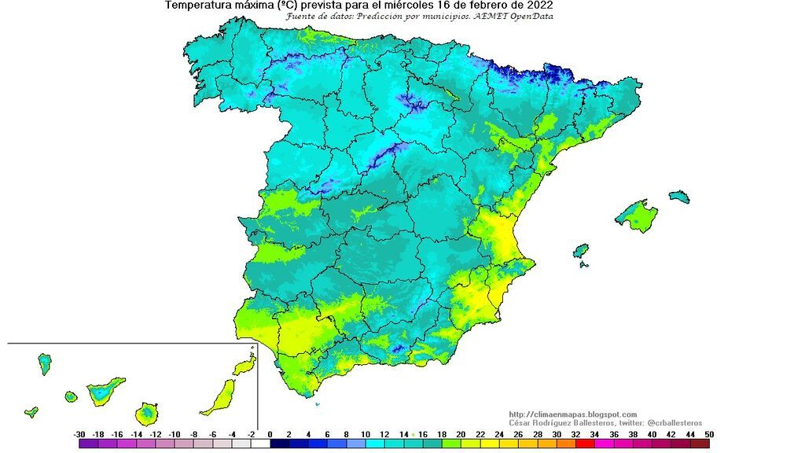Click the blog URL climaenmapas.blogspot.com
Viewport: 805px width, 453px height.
[572, 414]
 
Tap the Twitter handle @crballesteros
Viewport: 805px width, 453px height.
[673, 423]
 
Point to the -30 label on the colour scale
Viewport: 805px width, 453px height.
[79, 434]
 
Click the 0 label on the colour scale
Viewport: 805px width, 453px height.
[270, 434]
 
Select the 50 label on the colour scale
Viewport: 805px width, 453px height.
[709, 434]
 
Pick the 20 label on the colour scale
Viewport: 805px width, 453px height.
[461, 434]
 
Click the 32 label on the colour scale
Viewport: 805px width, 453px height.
[575, 434]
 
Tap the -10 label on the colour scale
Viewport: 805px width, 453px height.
[175, 434]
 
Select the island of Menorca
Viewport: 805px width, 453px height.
[679, 196]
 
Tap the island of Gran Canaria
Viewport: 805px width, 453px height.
[146, 413]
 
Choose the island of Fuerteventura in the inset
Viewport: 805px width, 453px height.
[219, 397]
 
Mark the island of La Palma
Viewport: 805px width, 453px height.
[45, 363]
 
